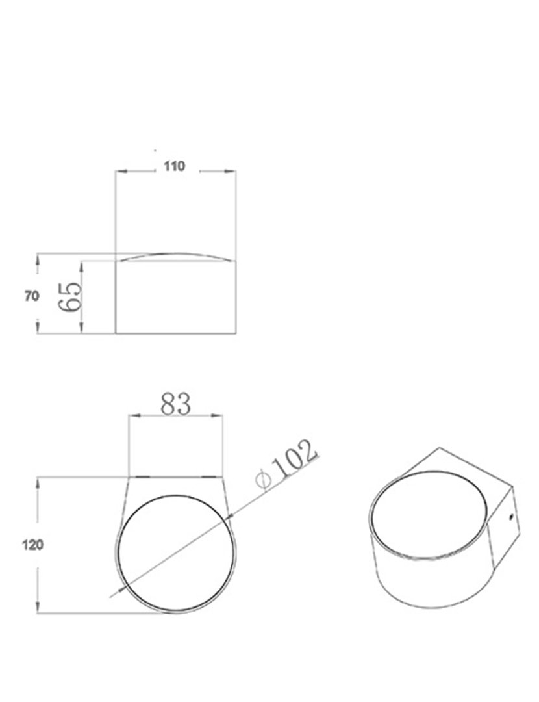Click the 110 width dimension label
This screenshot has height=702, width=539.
(x=174, y=166)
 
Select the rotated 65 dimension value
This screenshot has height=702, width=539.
(x=71, y=298)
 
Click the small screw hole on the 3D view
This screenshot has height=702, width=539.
(x=511, y=519)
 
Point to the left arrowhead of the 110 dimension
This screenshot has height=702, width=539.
(x=119, y=172)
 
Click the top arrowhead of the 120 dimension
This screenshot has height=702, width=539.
(x=39, y=482)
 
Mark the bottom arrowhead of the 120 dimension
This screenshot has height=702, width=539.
(x=39, y=609)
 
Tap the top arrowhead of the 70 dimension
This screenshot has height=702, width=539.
(x=38, y=257)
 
